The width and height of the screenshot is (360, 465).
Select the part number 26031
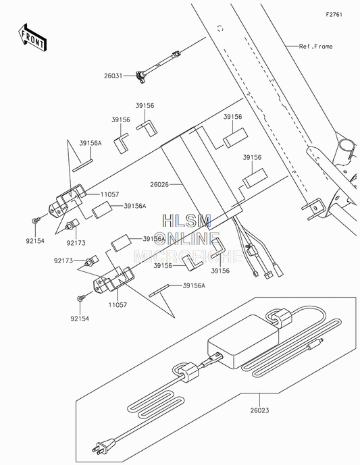(113, 76)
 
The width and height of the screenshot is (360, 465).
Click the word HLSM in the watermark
(186, 221)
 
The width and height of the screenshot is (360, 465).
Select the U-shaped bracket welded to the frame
(315, 209)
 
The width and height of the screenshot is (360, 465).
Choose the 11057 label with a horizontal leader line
(109, 194)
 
